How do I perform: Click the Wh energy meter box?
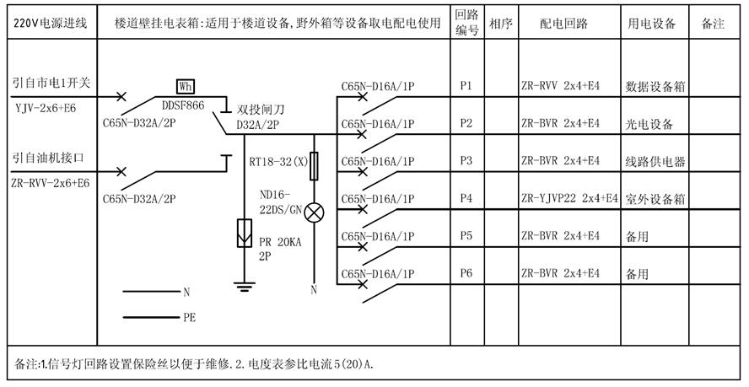pos(186,86)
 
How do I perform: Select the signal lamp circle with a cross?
pos(314,212)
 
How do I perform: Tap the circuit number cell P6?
pos(466,273)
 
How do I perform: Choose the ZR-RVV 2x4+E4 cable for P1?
pos(560,86)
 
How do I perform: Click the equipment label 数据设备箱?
pos(655,86)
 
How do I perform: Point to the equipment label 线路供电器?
pos(655,162)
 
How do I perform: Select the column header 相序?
pos(500,24)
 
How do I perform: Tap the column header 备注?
pos(713,24)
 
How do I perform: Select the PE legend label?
pos(189,319)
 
